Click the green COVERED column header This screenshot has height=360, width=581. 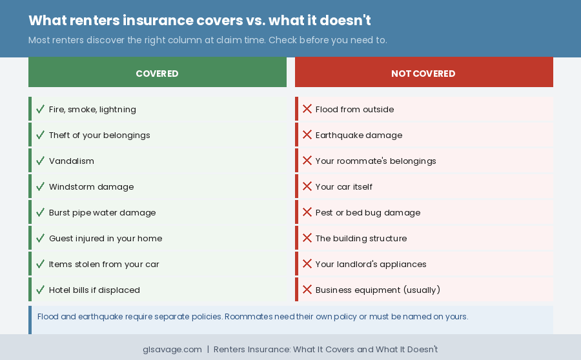[157, 74]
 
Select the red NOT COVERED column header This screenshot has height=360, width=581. [423, 74]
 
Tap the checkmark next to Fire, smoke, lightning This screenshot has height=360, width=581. [40, 109]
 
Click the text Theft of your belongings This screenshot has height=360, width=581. [99, 135]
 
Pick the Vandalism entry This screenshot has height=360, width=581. [72, 161]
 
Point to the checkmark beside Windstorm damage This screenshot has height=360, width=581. [40, 186]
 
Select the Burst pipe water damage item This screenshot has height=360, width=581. [102, 212]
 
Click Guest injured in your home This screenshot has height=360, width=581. [105, 238]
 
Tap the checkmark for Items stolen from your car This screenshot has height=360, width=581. [40, 264]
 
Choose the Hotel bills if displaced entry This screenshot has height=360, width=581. [94, 290]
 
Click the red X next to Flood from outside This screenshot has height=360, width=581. [307, 109]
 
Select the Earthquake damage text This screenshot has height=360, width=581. [358, 135]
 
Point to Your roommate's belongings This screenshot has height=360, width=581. [376, 161]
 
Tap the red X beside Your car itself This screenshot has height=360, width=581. [307, 186]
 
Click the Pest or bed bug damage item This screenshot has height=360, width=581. [367, 212]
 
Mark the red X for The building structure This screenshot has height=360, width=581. [307, 238]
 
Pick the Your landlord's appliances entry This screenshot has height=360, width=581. [371, 264]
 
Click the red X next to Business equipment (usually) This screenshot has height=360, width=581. [307, 290]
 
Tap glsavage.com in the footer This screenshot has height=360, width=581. [172, 349]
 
